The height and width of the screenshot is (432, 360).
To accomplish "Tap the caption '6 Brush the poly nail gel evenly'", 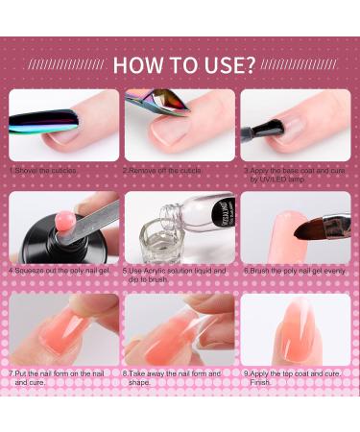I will (293, 271).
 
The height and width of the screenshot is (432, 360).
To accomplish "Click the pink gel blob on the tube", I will (68, 212).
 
